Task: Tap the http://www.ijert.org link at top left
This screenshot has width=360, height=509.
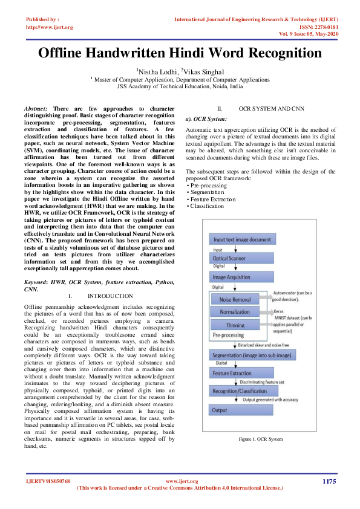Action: tap(50, 27)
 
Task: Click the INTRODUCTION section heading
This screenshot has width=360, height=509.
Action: tap(110, 296)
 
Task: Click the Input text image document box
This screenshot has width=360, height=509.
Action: tap(242, 240)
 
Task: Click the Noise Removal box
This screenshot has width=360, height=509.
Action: tap(235, 299)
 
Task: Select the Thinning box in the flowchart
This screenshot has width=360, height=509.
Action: tap(235, 325)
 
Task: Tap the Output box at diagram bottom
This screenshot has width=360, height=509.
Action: tap(220, 410)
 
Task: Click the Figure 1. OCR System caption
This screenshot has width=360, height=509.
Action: tap(260, 438)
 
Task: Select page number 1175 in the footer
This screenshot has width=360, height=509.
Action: tap(329, 481)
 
